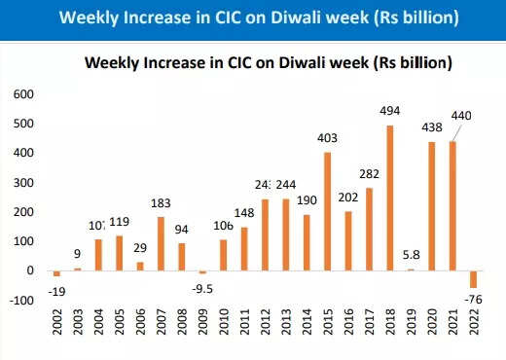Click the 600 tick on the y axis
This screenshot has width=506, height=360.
pyautogui.click(x=21, y=95)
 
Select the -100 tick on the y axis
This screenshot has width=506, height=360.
pyautogui.click(x=19, y=300)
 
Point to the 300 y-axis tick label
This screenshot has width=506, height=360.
pyautogui.click(x=21, y=183)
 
